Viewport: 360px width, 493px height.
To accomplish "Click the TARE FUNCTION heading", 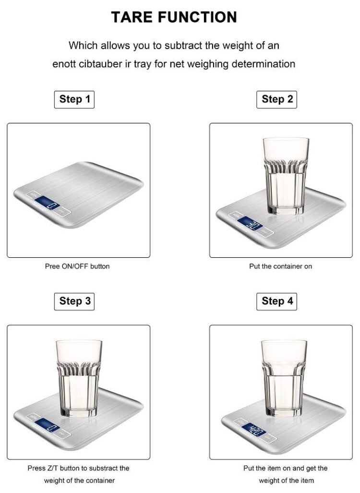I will coord(174,17).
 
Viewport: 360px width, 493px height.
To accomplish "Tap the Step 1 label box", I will coord(74,99).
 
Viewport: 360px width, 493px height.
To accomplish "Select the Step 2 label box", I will coord(277,99).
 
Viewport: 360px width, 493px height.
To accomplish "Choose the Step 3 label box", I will coord(74,301).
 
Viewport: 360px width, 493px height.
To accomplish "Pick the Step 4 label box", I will coord(277,301).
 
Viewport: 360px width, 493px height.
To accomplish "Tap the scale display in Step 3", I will coord(48,425).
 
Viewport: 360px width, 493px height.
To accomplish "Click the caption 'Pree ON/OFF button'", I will coord(77,266).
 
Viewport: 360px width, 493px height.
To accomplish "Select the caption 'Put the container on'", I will coord(280,266).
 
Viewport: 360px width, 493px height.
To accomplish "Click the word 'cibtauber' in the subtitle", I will coord(102,63).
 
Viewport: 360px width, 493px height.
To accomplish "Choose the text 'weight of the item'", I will coord(287,481).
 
